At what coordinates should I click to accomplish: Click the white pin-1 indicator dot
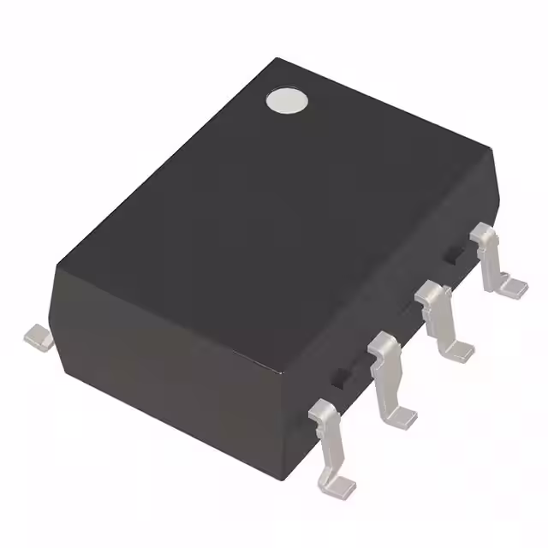coord(286,101)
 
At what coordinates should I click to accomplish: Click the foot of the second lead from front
coord(399,415)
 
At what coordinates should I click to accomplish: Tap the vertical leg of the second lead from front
coord(390,381)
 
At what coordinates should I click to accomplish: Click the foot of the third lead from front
coord(458,349)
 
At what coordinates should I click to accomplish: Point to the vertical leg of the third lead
coord(440,325)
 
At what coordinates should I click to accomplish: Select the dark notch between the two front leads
coord(342,373)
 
